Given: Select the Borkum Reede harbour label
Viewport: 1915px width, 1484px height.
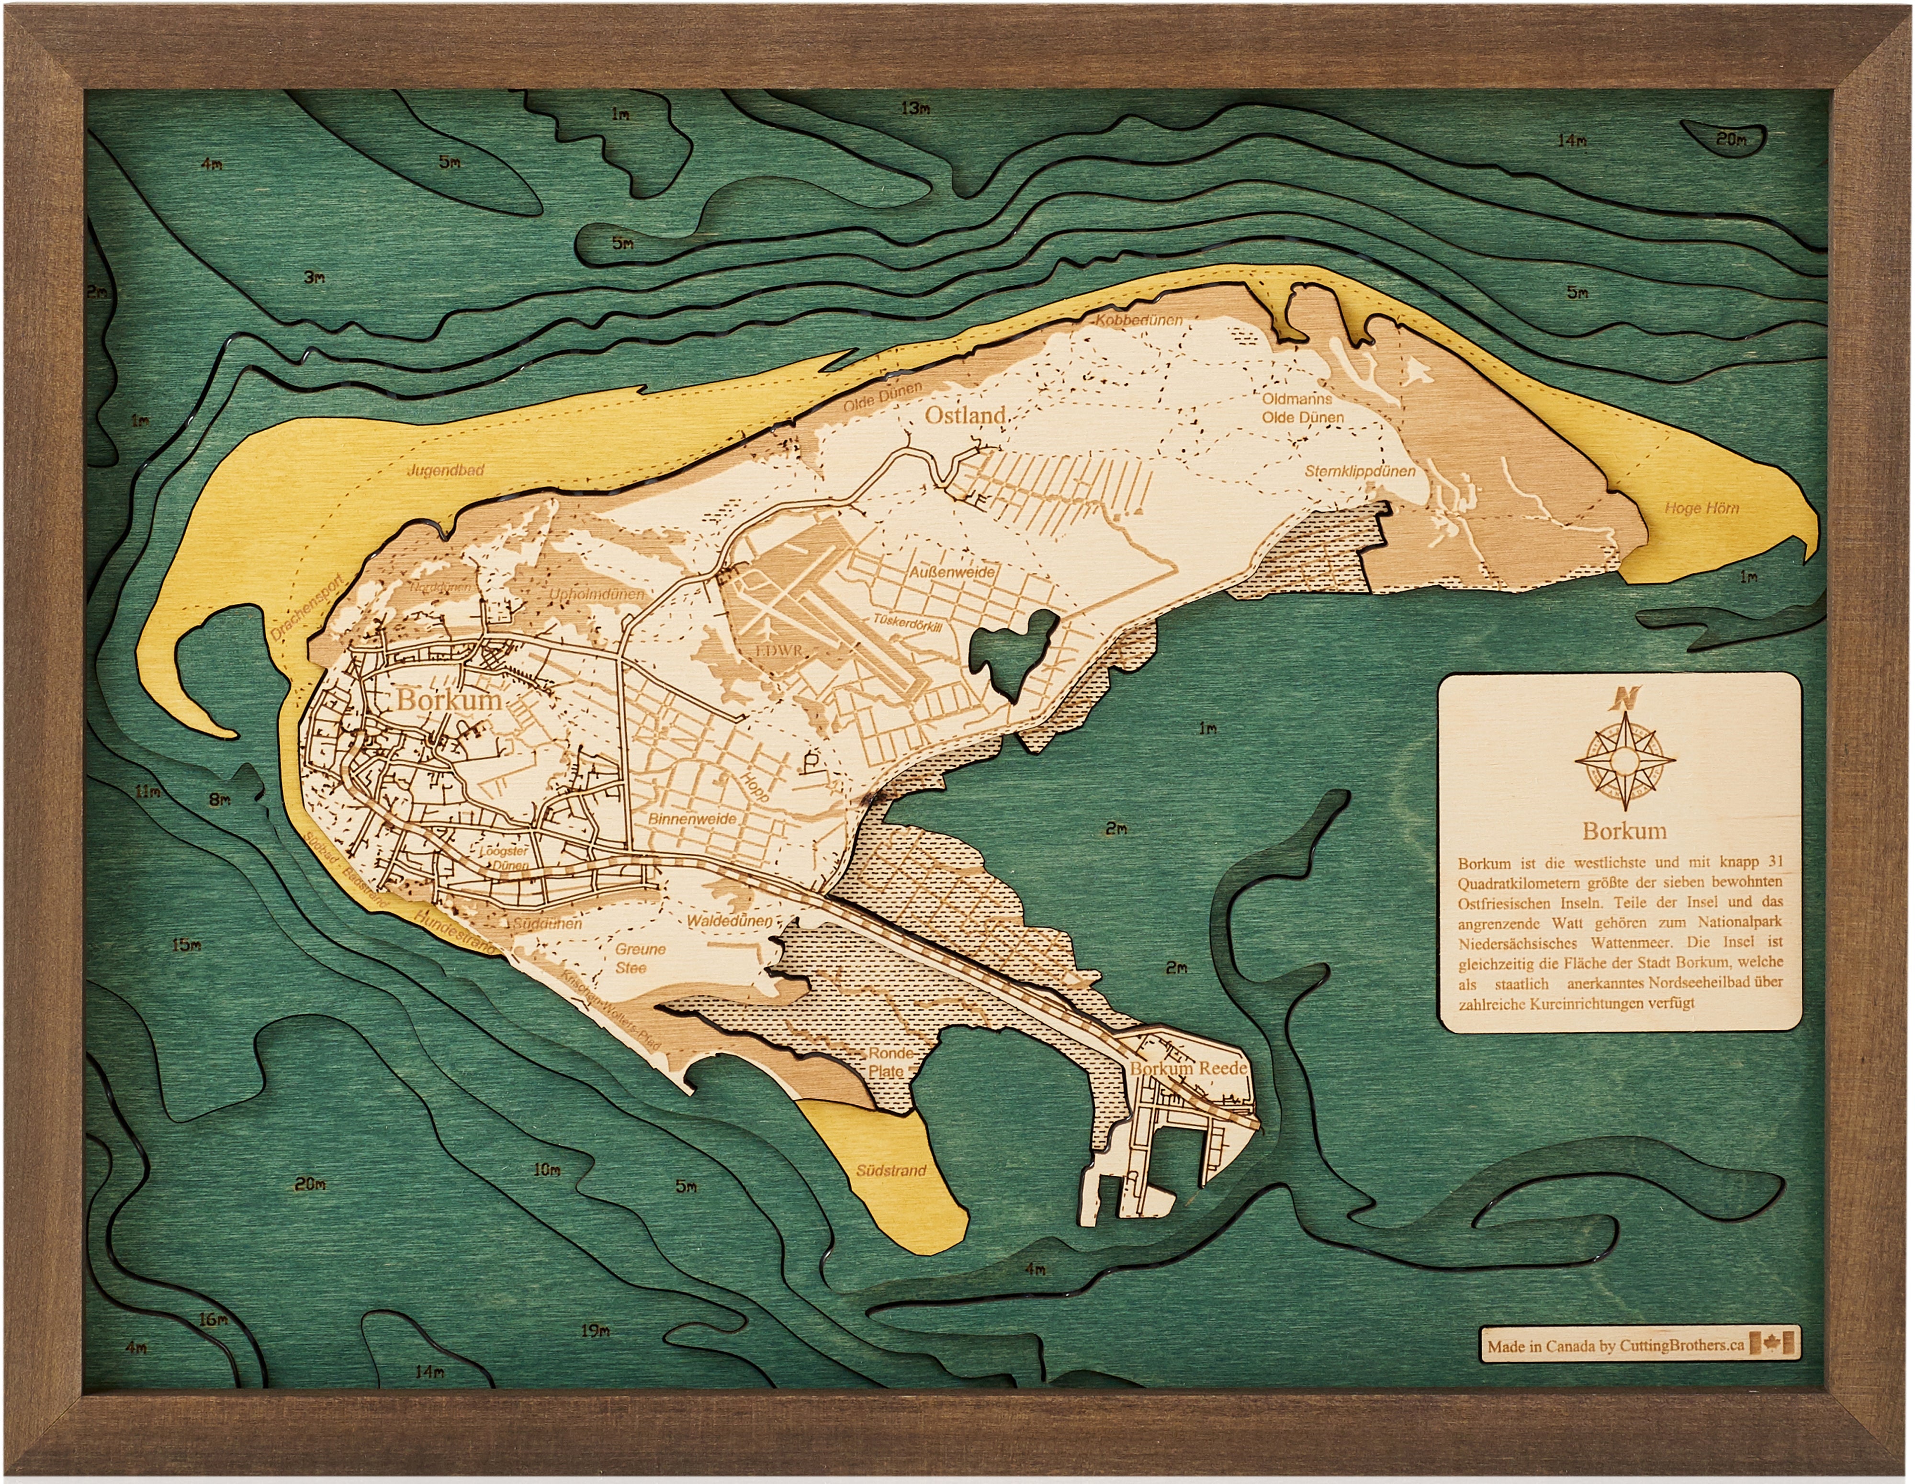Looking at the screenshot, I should tap(1188, 1070).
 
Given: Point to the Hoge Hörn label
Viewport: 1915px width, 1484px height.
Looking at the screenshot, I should tap(1701, 508).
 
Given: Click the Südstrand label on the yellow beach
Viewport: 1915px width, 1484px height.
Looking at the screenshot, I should tap(892, 1170).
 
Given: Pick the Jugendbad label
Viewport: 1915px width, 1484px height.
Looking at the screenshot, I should tap(445, 471).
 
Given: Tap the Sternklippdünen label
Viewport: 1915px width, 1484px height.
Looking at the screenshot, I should tap(1360, 471).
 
